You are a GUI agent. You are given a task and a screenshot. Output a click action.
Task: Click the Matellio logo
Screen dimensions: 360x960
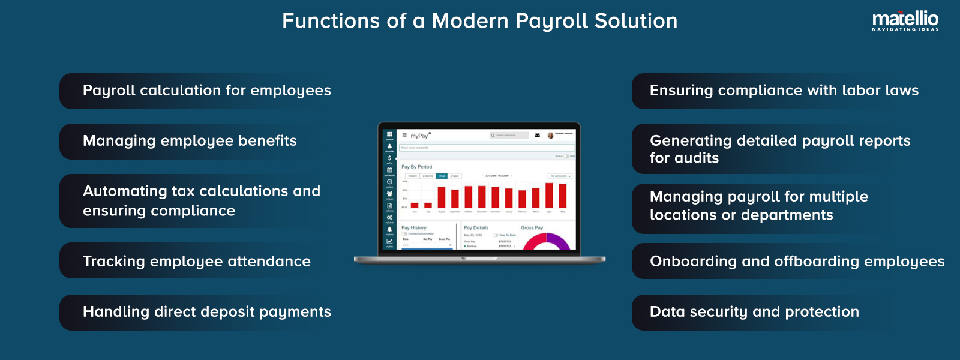(x=905, y=20)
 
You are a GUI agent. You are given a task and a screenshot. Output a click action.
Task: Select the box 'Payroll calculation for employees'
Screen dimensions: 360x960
(x=206, y=91)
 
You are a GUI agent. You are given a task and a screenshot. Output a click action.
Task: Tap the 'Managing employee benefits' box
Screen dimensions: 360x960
(x=190, y=141)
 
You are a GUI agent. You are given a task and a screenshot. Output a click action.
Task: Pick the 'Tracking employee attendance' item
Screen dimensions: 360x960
(x=196, y=261)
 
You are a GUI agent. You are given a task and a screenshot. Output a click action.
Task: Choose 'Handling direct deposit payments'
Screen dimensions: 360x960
(x=206, y=312)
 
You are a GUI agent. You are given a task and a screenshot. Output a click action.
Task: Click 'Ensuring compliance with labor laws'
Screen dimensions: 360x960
(x=784, y=91)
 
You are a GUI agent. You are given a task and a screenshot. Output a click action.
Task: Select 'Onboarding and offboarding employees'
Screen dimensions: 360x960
(x=797, y=261)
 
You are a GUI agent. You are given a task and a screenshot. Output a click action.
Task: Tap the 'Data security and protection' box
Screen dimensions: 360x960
(x=754, y=312)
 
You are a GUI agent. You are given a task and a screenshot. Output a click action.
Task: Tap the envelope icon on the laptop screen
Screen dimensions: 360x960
(x=537, y=135)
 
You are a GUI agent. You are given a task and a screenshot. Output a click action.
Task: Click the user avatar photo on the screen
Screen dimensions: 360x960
(x=550, y=135)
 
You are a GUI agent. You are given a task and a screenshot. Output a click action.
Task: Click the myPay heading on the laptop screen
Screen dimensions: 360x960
(x=419, y=136)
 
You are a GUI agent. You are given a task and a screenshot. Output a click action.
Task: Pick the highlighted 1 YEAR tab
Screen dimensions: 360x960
(x=441, y=176)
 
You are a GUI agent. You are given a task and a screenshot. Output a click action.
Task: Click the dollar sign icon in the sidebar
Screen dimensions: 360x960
(x=389, y=158)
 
